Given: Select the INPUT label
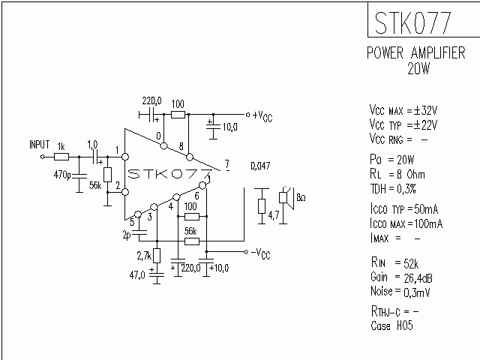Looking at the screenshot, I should (x=39, y=144).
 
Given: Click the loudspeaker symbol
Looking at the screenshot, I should (x=285, y=198).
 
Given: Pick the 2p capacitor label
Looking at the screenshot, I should (x=126, y=235).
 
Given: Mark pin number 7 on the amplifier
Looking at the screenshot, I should (x=226, y=163).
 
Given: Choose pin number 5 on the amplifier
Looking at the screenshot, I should (x=132, y=221).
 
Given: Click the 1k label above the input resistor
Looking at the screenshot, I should (x=61, y=145).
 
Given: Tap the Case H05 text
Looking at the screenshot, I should (x=391, y=325).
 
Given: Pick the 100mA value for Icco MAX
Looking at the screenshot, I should (x=427, y=223).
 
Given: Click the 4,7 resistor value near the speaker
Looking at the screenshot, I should (x=274, y=216).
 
